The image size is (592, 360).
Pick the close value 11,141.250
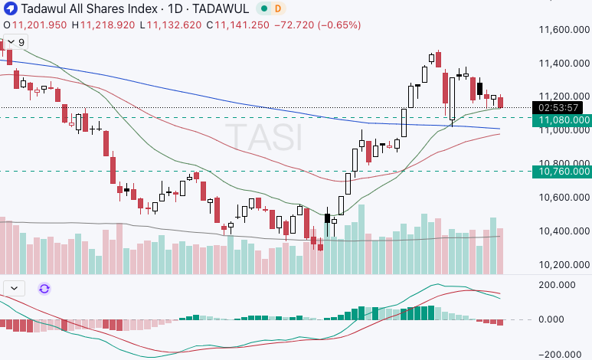click(243, 25)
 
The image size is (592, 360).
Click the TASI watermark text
click(267, 139)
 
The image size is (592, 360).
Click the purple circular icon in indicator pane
click(44, 289)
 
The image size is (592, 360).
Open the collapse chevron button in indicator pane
click(15, 289)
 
